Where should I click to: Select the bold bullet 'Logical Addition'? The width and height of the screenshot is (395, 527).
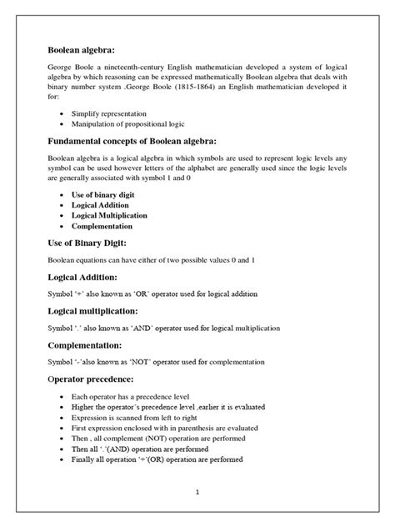(x=100, y=204)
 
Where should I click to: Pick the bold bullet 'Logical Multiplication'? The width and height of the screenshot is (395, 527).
(x=110, y=215)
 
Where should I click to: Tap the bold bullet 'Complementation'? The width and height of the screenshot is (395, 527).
(x=102, y=225)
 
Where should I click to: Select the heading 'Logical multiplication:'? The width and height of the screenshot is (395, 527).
(x=98, y=310)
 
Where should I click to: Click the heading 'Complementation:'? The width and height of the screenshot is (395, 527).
(x=87, y=344)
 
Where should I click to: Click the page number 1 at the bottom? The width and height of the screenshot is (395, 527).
(x=197, y=492)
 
